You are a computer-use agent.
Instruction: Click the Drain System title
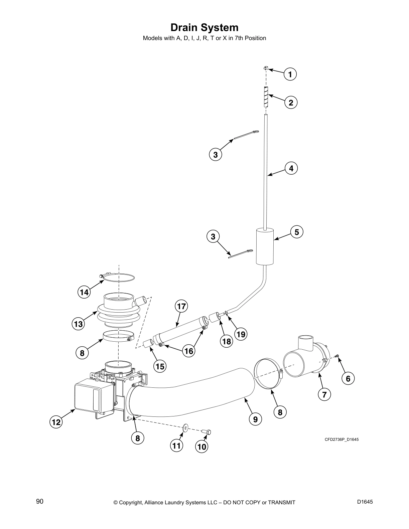[x=204, y=27]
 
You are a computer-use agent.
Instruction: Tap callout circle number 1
[x=290, y=74]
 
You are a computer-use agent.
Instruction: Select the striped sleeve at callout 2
[x=266, y=97]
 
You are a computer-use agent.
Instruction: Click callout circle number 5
[x=297, y=231]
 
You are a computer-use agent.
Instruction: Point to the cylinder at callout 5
[x=265, y=246]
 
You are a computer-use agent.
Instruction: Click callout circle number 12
[x=56, y=422]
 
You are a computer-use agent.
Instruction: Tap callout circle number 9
[x=255, y=419]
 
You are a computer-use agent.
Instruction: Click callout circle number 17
[x=181, y=306]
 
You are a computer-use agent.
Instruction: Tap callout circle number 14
[x=84, y=292]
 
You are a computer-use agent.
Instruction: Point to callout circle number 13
[x=78, y=324]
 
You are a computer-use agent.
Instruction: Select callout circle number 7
[x=324, y=394]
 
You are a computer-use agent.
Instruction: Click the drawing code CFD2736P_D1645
[x=342, y=439]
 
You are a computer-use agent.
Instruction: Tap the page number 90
[x=40, y=501]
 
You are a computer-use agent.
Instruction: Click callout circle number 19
[x=241, y=334]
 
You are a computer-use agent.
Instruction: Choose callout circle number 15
[x=160, y=366]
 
